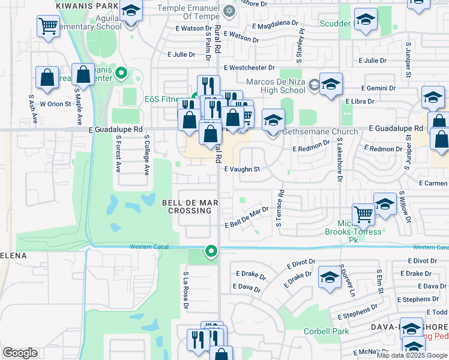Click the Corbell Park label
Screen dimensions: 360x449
tap(326, 331)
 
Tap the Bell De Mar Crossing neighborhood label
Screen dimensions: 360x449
tap(189, 207)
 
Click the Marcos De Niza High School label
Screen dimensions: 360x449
tap(276, 86)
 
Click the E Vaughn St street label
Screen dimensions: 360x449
tap(242, 169)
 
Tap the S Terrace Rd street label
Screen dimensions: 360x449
tap(279, 209)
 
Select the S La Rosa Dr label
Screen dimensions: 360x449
tap(186, 292)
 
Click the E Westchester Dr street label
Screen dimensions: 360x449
tap(249, 68)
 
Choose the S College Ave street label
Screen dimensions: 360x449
tap(146, 155)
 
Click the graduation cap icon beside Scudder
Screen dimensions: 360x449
tap(364, 22)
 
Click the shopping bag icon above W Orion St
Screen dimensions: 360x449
tap(47, 77)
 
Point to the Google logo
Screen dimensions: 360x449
tap(20, 353)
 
